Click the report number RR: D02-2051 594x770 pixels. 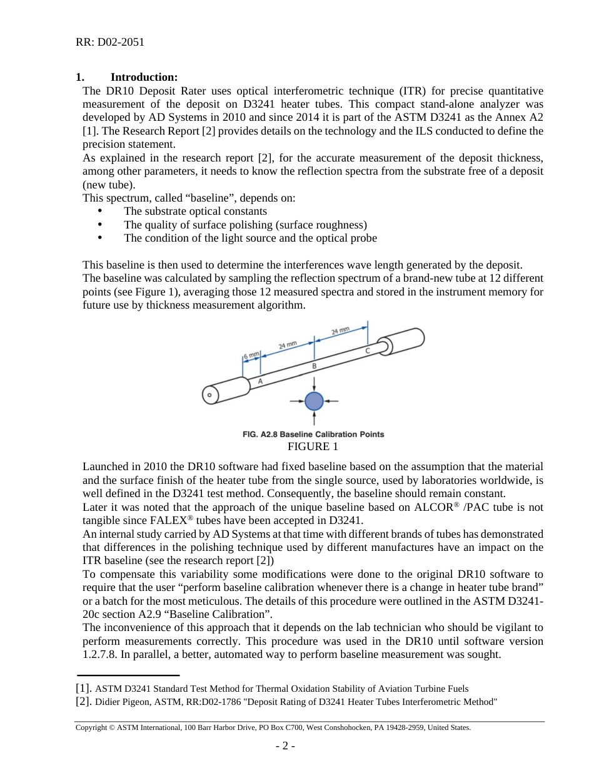click(110, 43)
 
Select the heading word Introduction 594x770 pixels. click(144, 77)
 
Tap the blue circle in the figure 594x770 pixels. click(314, 401)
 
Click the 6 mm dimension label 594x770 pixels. click(251, 355)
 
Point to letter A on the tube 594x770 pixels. click(260, 381)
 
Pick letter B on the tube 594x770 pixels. click(314, 366)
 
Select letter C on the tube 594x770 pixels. click(368, 351)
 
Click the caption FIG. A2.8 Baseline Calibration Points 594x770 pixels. click(313, 434)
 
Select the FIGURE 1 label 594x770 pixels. click(313, 446)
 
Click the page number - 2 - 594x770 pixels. click(285, 746)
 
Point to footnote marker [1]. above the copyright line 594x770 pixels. click(84, 689)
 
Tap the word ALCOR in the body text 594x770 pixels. click(431, 507)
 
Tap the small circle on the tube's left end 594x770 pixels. click(209, 395)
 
